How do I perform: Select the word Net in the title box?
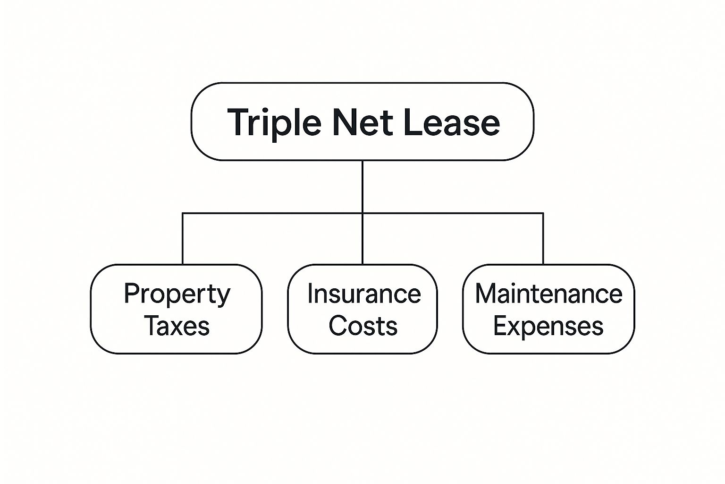pos(362,122)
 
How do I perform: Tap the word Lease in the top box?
pos(452,122)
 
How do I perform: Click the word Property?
pos(177,295)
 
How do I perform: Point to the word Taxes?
pos(177,326)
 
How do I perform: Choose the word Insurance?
pos(364,294)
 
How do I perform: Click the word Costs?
pos(363,326)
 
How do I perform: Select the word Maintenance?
pos(548,294)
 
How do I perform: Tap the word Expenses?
pos(548,327)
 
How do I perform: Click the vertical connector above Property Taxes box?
pos(183,239)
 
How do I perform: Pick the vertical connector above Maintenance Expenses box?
pos(543,239)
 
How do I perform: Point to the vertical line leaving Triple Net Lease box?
pos(362,212)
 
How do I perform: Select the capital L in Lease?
pos(413,122)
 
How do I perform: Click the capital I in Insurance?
pos(310,294)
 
